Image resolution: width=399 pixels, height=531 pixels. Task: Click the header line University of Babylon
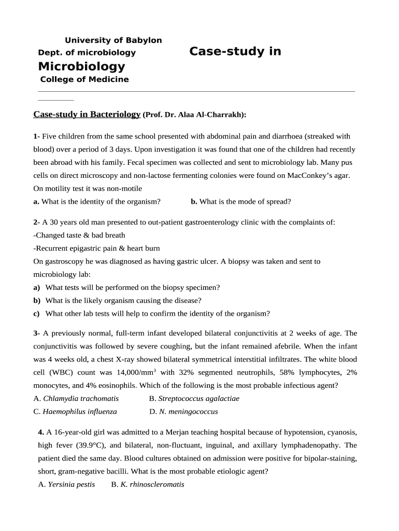113,40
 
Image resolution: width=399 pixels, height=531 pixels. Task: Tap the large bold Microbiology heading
81,66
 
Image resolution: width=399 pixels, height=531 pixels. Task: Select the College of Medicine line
84,79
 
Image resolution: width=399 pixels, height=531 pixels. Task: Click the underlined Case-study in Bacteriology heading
87,115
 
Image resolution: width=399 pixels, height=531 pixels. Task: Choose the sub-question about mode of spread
240,202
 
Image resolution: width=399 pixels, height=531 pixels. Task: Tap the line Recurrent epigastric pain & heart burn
96,248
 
